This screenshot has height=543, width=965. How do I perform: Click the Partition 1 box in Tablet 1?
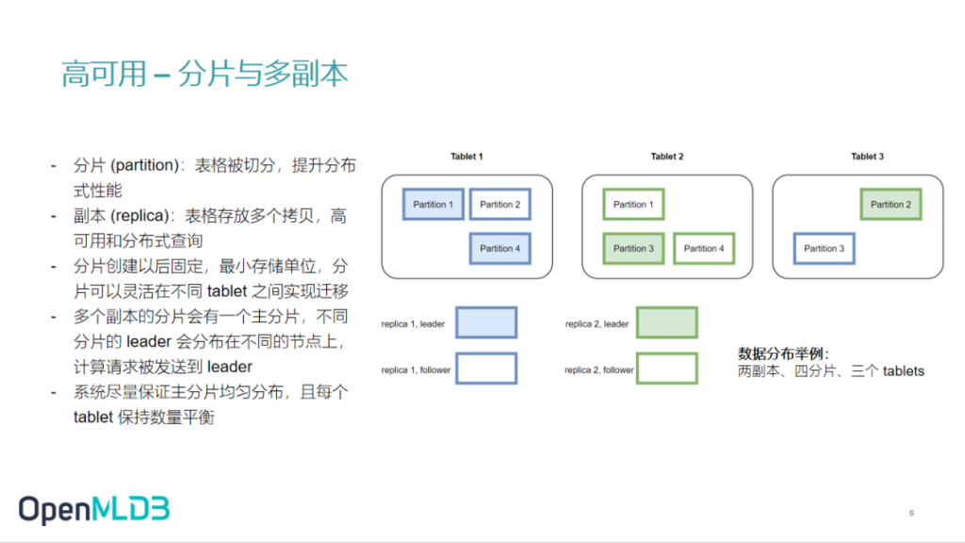433,205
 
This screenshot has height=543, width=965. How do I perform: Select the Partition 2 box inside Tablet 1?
499,205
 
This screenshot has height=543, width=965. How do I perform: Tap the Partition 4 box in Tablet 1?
499,249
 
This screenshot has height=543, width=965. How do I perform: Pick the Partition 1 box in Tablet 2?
633,205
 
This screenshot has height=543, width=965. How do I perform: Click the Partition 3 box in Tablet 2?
633,249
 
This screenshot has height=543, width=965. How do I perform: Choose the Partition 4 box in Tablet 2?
704,249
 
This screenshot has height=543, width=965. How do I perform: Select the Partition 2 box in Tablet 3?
891,205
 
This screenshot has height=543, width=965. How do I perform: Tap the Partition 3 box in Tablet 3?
825,249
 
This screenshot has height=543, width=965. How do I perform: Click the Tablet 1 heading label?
466,156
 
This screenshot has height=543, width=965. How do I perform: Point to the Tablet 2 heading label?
667,156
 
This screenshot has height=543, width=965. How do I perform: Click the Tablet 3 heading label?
867,156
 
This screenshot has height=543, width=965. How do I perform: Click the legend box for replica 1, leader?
486,322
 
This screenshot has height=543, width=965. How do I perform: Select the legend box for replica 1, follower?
486,369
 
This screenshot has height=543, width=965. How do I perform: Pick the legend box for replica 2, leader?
666,322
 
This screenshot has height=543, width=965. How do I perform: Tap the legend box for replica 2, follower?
666,369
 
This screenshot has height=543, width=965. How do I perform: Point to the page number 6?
911,513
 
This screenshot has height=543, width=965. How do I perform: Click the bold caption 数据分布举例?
782,354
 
